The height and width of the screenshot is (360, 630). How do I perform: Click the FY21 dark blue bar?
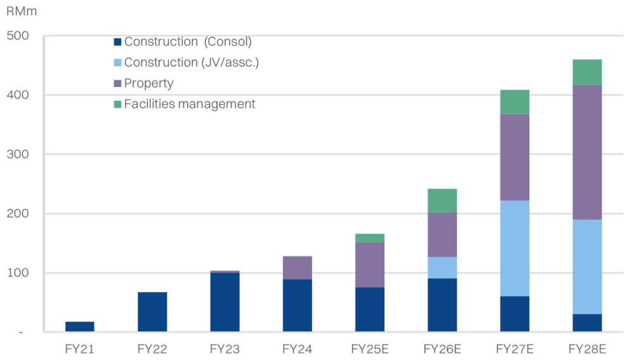(79, 326)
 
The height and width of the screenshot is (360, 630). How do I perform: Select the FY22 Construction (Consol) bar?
(152, 312)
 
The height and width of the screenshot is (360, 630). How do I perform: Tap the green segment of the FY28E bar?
(587, 72)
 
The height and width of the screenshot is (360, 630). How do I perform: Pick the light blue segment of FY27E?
(515, 248)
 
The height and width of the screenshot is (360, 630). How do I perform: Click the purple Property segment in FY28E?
(587, 152)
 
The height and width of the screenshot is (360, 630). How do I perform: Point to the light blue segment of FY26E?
(442, 267)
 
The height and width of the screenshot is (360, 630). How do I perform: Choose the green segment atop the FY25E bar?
(370, 238)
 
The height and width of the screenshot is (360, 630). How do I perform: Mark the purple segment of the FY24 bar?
(298, 267)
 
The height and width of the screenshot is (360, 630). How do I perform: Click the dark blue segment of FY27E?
(515, 314)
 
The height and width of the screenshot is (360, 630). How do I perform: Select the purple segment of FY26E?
(442, 235)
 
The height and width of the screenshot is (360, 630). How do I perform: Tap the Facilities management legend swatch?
(117, 103)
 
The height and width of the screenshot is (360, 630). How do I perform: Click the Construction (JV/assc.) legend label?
(192, 62)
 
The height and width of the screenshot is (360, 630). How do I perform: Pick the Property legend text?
(148, 83)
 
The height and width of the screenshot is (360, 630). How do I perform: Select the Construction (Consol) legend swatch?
(117, 42)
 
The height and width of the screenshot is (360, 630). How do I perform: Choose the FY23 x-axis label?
(225, 349)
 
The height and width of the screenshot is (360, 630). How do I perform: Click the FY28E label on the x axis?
(587, 349)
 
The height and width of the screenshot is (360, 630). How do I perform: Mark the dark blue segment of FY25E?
(370, 309)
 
